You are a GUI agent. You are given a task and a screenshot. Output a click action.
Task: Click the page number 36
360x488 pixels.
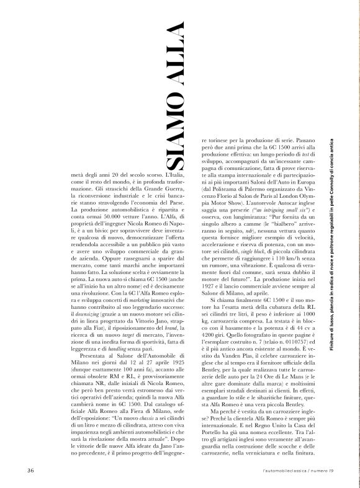click(30, 470)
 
